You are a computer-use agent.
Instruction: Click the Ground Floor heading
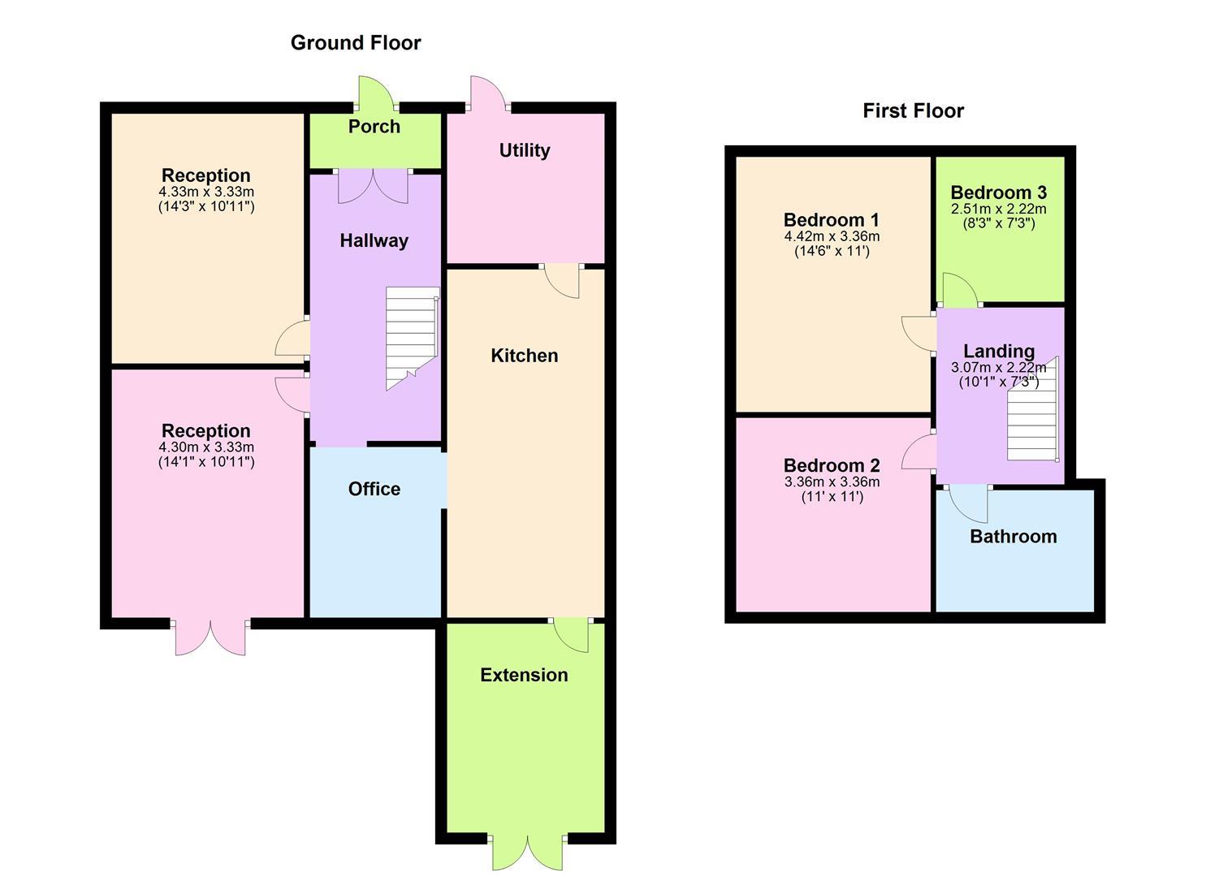coord(356,43)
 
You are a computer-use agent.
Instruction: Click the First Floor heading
coord(913,111)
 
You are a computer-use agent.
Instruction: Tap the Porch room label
coord(374,127)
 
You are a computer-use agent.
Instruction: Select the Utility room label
coord(525,150)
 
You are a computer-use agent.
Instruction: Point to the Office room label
coord(374,489)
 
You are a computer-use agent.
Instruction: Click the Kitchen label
coord(525,356)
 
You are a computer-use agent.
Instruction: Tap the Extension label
coord(524,676)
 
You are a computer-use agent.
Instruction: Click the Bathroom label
coord(1014,537)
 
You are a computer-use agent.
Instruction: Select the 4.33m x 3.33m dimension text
coord(206,192)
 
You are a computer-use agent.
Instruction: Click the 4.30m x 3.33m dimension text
coord(206,447)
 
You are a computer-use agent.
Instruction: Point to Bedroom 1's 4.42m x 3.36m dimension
coord(832,237)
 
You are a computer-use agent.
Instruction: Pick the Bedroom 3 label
coord(998,192)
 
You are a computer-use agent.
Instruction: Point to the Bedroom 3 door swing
coord(959,291)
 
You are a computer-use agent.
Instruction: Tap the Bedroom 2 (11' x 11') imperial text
coord(832,497)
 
